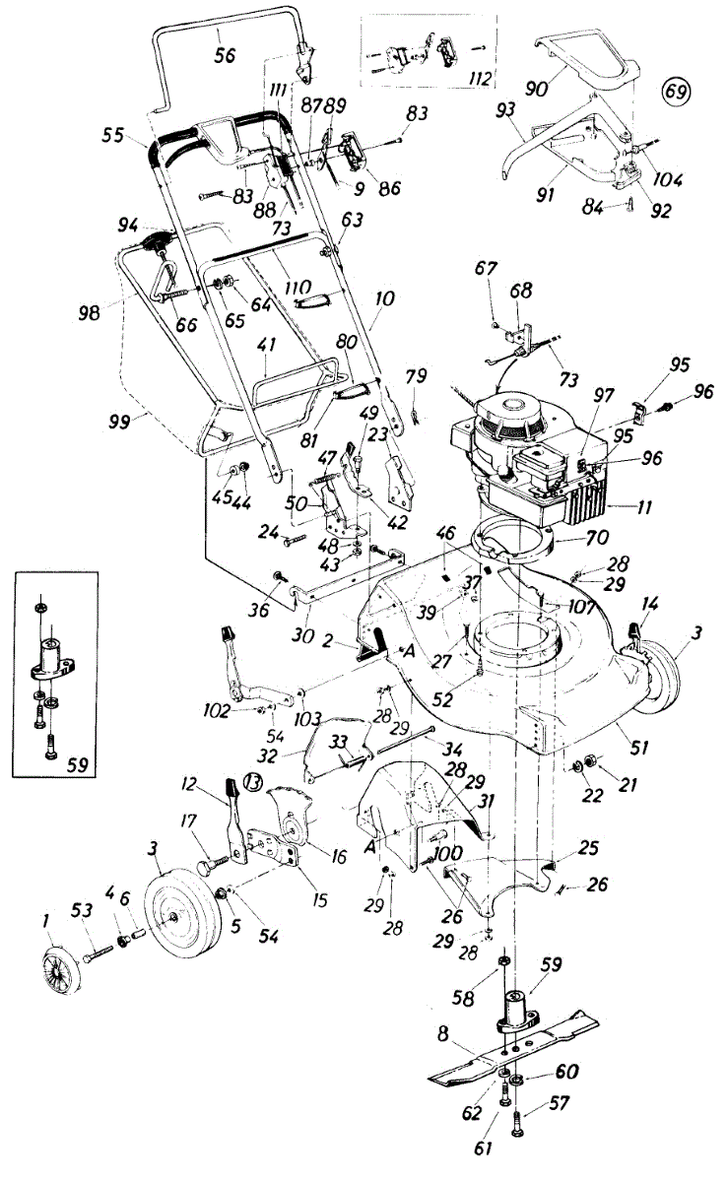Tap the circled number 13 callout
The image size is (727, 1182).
coord(254,783)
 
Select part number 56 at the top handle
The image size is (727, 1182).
coord(225,56)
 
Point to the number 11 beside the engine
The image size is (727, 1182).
coord(619,509)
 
